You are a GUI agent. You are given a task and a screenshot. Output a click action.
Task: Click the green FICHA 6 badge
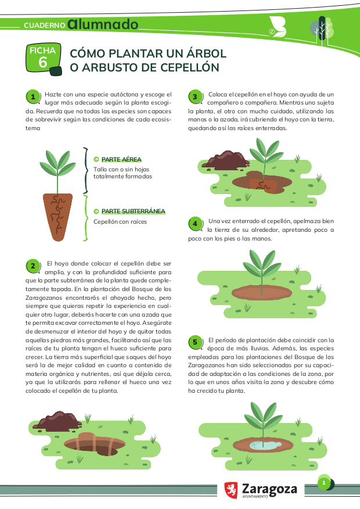[x=44, y=59]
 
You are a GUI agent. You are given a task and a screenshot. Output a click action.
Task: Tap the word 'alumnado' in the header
[x=103, y=24]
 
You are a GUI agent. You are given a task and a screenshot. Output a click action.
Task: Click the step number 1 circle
[x=33, y=96]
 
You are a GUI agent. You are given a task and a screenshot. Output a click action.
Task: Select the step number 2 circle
[x=33, y=266]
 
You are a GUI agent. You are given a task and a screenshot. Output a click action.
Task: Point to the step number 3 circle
[x=195, y=96]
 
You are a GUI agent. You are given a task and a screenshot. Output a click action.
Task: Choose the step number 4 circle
[x=195, y=224]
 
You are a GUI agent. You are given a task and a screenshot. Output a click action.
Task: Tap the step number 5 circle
[x=195, y=342]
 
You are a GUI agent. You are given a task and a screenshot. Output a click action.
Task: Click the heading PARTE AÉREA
[x=121, y=159]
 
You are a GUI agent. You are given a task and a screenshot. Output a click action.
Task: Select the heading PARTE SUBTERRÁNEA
[x=134, y=212]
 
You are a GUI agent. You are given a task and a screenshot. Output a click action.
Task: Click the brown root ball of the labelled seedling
[x=57, y=217]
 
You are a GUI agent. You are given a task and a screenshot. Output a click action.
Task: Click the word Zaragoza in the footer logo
[x=269, y=489]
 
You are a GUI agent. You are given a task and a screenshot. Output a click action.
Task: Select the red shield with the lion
[x=231, y=490]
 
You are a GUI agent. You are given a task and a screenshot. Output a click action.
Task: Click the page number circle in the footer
[x=323, y=483]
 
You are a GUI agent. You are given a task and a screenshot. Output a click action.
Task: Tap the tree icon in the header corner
[x=322, y=29]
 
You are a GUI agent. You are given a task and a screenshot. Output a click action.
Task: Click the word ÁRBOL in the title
[x=206, y=53]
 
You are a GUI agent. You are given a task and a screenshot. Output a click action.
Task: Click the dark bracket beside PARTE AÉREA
[x=86, y=170]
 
